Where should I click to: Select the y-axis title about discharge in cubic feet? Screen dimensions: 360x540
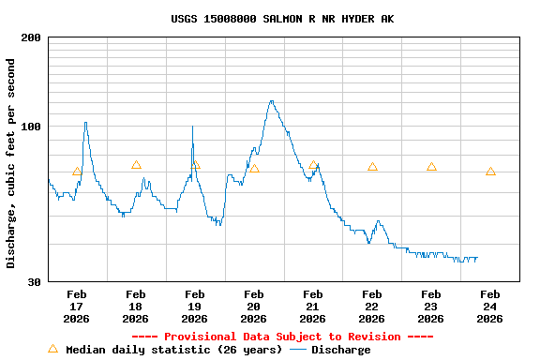(x=11, y=163)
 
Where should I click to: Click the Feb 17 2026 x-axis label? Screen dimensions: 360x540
(x=77, y=307)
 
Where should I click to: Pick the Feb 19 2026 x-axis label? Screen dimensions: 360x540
(x=195, y=307)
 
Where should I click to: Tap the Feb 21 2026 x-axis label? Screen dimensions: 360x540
(x=313, y=307)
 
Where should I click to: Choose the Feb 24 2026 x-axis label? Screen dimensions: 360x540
(x=490, y=307)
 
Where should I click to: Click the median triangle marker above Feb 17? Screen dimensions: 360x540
(x=77, y=172)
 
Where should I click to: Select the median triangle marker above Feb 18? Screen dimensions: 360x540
(x=136, y=165)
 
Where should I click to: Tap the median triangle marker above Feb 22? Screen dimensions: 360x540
(x=372, y=167)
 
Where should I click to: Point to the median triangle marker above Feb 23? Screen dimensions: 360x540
(x=431, y=167)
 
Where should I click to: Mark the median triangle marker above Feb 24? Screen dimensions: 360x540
(x=490, y=172)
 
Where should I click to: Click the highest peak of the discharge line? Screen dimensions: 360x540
(x=271, y=101)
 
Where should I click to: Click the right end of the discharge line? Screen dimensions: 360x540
(x=477, y=258)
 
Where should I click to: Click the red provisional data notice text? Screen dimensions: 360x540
(x=282, y=337)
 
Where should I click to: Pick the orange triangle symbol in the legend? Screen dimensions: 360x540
(x=52, y=349)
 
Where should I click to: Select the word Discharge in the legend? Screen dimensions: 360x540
(x=340, y=350)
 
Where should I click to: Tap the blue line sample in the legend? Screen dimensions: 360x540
(x=298, y=350)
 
